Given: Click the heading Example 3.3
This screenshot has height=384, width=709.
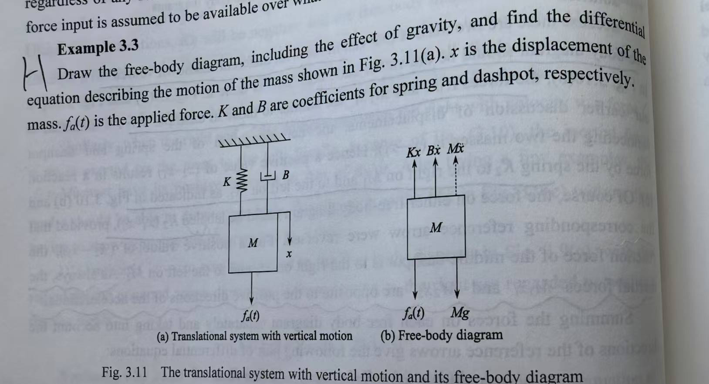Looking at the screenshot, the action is pos(98,47).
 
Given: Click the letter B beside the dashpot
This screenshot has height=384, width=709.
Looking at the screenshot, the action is pos(285,175).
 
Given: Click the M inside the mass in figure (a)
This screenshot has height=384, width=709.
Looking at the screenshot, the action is pos(253,243).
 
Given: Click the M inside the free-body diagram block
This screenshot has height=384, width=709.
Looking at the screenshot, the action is pos(436,227).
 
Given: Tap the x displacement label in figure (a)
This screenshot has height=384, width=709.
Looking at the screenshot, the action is pos(288,254).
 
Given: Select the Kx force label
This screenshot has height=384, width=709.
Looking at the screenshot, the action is pos(414,152).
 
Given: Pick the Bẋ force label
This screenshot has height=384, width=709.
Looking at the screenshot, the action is pos(434,151).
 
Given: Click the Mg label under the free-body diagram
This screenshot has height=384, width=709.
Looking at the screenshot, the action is pos(460,313).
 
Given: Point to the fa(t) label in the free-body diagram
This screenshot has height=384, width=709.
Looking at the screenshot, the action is pos(414,313).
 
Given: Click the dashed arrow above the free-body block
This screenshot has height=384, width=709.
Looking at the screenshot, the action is pos(456,176).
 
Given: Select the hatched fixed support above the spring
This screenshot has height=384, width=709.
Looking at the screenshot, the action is pos(254,142).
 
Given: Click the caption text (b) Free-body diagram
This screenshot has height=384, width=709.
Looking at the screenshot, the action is pos(442,335).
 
